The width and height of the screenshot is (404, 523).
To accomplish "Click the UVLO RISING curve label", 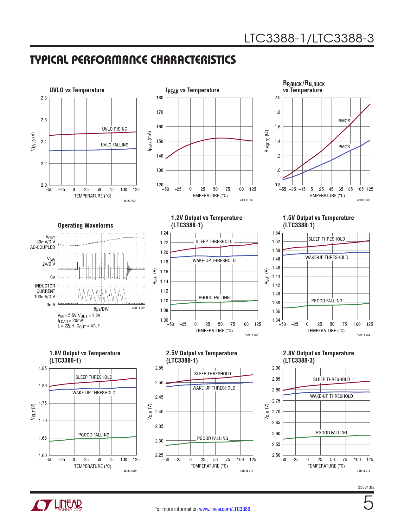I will click(114, 129).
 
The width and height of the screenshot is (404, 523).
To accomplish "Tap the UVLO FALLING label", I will click(115, 145).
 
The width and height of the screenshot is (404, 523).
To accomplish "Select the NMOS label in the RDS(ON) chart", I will click(344, 121).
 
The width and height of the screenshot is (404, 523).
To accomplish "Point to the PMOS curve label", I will click(344, 147).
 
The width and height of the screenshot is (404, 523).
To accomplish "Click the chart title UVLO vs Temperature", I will click(77, 90).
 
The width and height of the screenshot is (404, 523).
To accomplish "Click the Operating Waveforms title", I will click(86, 225).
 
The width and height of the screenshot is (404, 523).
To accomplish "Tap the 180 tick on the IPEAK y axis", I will click(160, 98).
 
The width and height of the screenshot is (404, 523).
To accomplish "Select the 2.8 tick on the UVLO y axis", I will click(44, 98).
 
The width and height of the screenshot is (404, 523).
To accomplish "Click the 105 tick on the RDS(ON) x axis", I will click(360, 189).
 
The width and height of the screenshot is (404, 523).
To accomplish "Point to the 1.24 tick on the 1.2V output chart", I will click(164, 233).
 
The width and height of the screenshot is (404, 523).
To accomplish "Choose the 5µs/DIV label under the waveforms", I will click(101, 309).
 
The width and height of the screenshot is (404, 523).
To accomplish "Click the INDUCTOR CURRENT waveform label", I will click(45, 291).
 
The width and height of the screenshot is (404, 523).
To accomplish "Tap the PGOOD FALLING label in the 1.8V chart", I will click(94, 435).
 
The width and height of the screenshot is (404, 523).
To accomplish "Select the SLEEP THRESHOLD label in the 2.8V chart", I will click(331, 379).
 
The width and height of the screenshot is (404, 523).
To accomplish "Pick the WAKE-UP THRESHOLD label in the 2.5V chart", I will click(214, 388).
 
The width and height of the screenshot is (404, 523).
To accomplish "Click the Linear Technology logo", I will click(56, 505).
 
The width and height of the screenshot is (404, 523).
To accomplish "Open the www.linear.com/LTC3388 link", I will click(224, 509).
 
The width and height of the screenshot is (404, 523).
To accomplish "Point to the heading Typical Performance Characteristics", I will click(133, 60).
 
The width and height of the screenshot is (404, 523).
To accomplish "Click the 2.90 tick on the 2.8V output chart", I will click(276, 368).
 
